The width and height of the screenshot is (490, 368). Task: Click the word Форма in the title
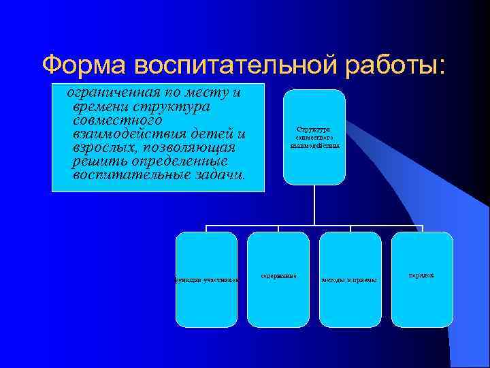point(84,65)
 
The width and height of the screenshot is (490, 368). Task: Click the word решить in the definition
point(97,162)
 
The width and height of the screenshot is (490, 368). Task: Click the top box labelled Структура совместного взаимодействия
point(314,137)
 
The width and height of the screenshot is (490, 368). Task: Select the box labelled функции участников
point(207,280)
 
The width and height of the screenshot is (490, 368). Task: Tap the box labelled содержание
point(278,280)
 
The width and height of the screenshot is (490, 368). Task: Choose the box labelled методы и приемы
point(350,280)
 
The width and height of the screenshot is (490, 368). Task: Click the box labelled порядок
point(422,280)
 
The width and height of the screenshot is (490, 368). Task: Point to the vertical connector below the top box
point(314,204)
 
